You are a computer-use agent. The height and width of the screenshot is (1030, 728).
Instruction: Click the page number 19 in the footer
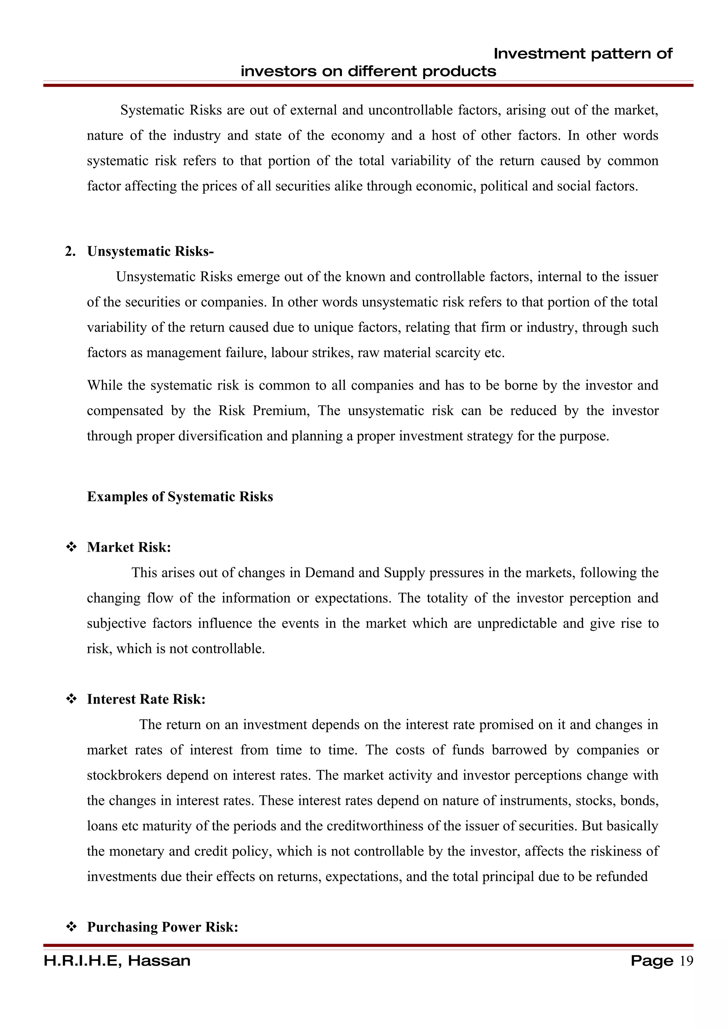click(x=686, y=961)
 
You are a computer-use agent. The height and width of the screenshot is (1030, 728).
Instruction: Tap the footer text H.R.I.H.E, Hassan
click(x=117, y=961)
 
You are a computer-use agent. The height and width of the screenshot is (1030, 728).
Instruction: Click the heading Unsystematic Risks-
click(x=150, y=252)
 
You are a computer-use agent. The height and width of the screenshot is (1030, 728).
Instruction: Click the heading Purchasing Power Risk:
click(x=162, y=927)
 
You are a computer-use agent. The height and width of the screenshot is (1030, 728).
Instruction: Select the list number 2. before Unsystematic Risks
click(x=70, y=252)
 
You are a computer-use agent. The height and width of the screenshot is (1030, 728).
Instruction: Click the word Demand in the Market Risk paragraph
click(x=326, y=573)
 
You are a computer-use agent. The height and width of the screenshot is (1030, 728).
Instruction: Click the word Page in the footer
click(x=651, y=961)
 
